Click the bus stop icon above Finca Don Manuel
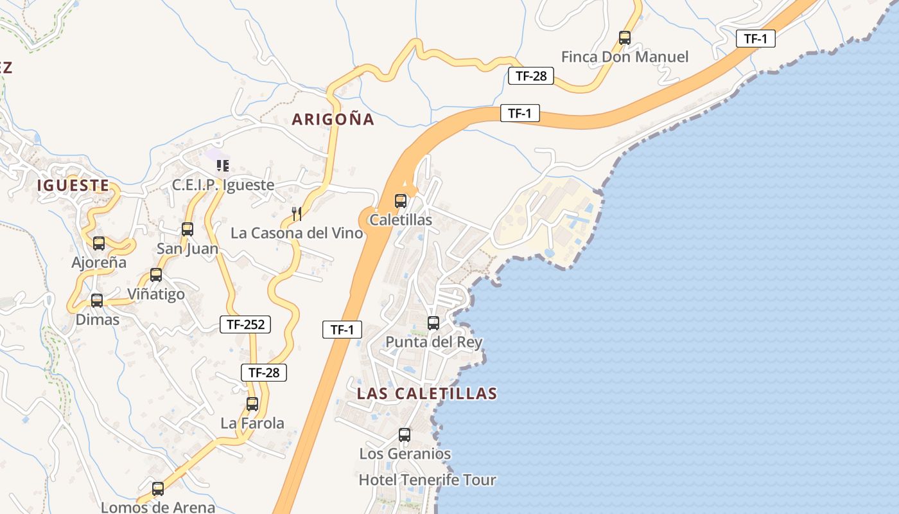click(625, 38)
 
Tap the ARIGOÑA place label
click(333, 119)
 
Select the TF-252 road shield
click(245, 324)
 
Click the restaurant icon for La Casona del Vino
click(297, 213)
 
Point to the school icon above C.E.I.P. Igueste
click(223, 166)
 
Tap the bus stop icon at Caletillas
click(401, 201)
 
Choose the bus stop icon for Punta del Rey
click(433, 323)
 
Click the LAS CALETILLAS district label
click(427, 393)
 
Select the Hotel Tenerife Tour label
click(427, 480)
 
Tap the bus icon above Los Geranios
click(405, 435)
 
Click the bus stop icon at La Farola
click(252, 404)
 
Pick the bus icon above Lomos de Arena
click(158, 488)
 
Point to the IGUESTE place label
click(73, 186)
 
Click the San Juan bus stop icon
click(188, 229)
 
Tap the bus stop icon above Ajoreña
click(99, 244)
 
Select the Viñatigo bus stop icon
click(156, 275)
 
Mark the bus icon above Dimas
click(97, 300)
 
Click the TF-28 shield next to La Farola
click(264, 372)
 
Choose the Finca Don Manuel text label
click(624, 57)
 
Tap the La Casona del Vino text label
click(297, 233)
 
